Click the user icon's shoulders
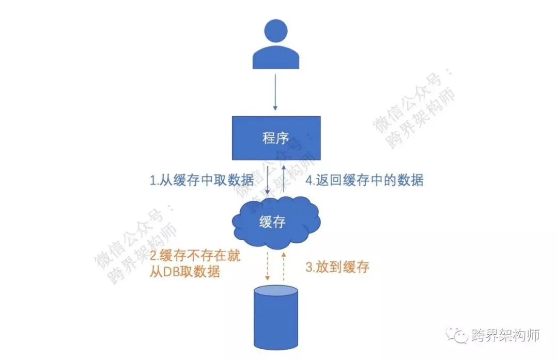coord(275,59)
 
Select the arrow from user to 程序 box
coord(275,93)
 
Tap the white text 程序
coord(275,138)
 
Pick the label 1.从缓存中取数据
coord(202,180)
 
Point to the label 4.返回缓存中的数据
coord(365,180)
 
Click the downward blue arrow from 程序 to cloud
coord(268,178)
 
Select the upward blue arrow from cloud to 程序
coord(284,178)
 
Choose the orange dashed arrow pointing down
coord(268,266)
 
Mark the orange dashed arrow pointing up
coord(284,266)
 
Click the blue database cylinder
coord(276,318)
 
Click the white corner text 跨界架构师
coord(506,335)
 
